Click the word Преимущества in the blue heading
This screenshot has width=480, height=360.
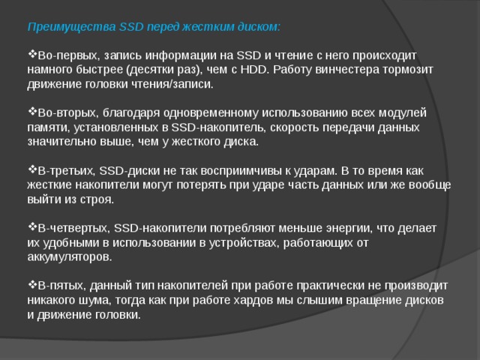[72, 27]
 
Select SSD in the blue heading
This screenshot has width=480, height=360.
[131, 27]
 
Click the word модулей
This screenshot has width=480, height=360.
[403, 113]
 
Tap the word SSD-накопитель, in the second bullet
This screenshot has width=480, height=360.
[219, 127]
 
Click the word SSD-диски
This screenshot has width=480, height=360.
[130, 170]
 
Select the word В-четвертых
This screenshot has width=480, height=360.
[73, 228]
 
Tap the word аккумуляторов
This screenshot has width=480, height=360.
[70, 257]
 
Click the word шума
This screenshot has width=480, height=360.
[97, 300]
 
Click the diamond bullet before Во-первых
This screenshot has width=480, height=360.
[32, 55]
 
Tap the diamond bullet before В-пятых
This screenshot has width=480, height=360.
[32, 285]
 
